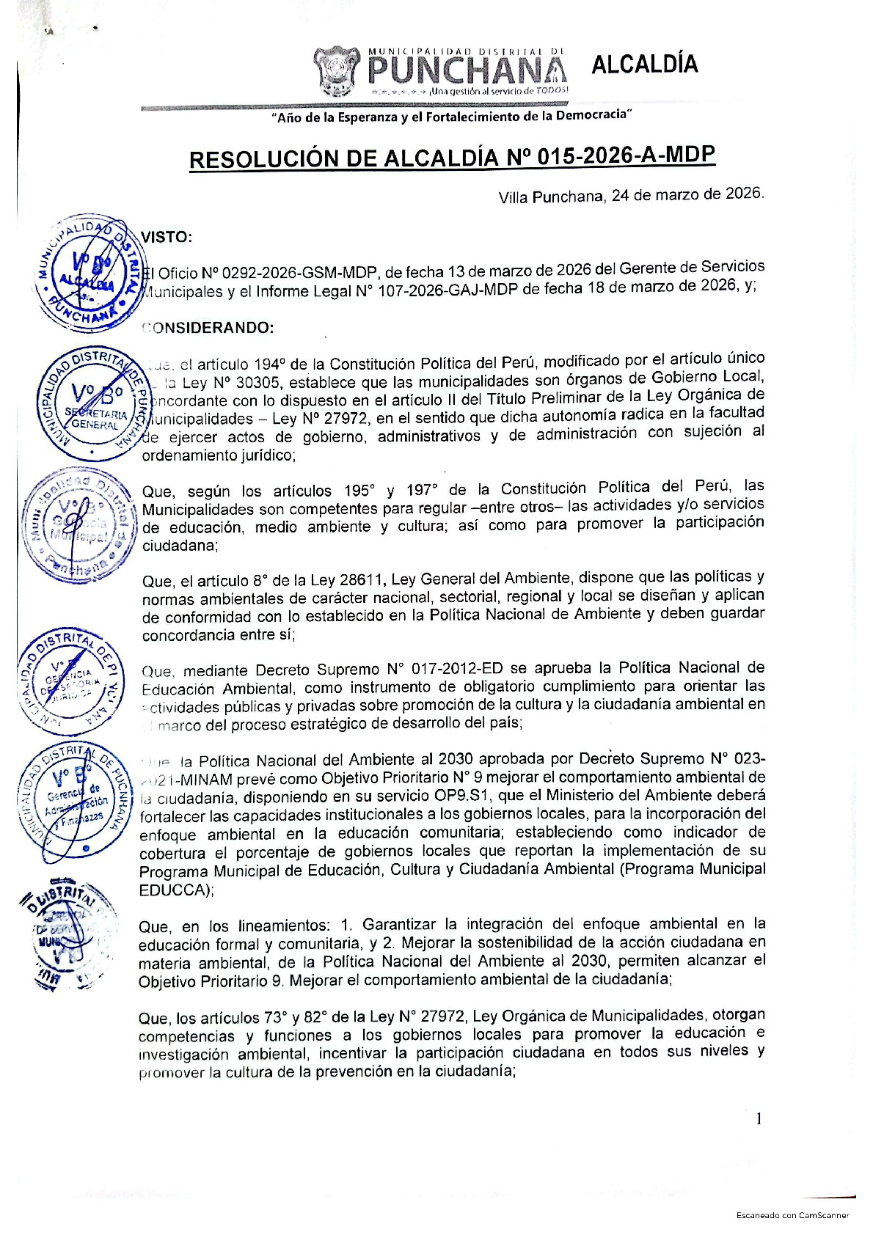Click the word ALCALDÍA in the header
click(644, 65)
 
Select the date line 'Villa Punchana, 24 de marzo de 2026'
click(631, 196)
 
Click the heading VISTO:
click(167, 237)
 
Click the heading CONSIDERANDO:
click(208, 328)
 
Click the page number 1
click(759, 1118)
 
